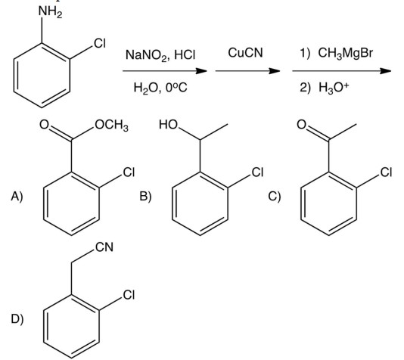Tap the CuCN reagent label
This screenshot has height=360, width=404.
pos(241,54)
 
